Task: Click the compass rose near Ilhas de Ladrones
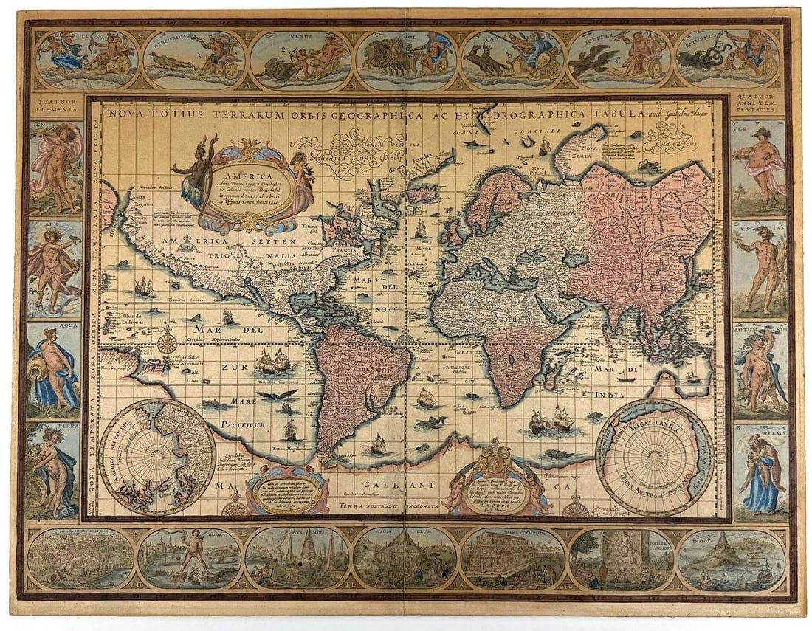pos(168,342)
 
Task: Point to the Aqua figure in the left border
pos(54,369)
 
